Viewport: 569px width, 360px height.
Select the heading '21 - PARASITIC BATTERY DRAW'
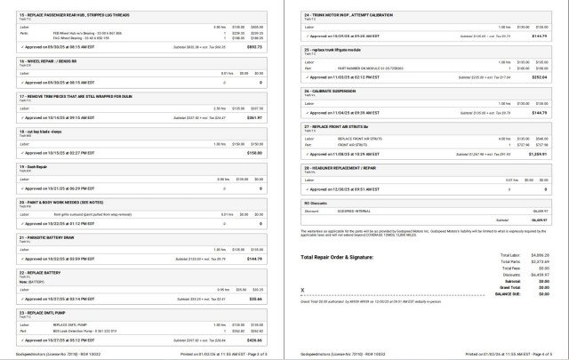(x=52, y=237)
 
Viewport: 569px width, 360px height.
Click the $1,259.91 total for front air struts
(x=536, y=154)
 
